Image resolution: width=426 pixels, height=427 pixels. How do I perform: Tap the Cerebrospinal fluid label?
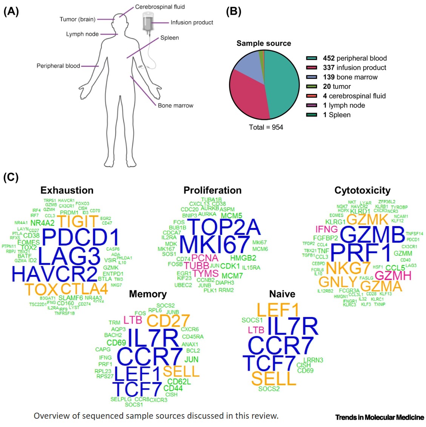tap(160, 7)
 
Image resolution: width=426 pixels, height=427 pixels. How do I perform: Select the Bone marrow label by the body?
tap(175, 106)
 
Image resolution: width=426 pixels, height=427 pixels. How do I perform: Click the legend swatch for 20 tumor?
tap(311, 86)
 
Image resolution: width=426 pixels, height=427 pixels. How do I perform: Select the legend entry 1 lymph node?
tap(344, 105)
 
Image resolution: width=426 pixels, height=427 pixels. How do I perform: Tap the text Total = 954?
tap(266, 127)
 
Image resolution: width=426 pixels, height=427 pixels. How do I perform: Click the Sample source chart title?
tap(264, 43)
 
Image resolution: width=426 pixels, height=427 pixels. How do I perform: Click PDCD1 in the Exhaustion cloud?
tap(81, 237)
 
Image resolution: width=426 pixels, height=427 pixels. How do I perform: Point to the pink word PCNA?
tap(205, 258)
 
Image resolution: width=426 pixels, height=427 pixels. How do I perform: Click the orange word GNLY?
tap(338, 281)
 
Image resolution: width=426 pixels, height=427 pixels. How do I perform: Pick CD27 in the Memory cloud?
tap(168, 321)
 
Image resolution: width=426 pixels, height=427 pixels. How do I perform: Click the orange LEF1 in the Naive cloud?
tap(278, 310)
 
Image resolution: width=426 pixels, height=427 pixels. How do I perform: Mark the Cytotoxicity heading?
tap(362, 190)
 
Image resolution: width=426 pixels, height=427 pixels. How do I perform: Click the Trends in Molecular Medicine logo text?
tap(380, 417)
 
